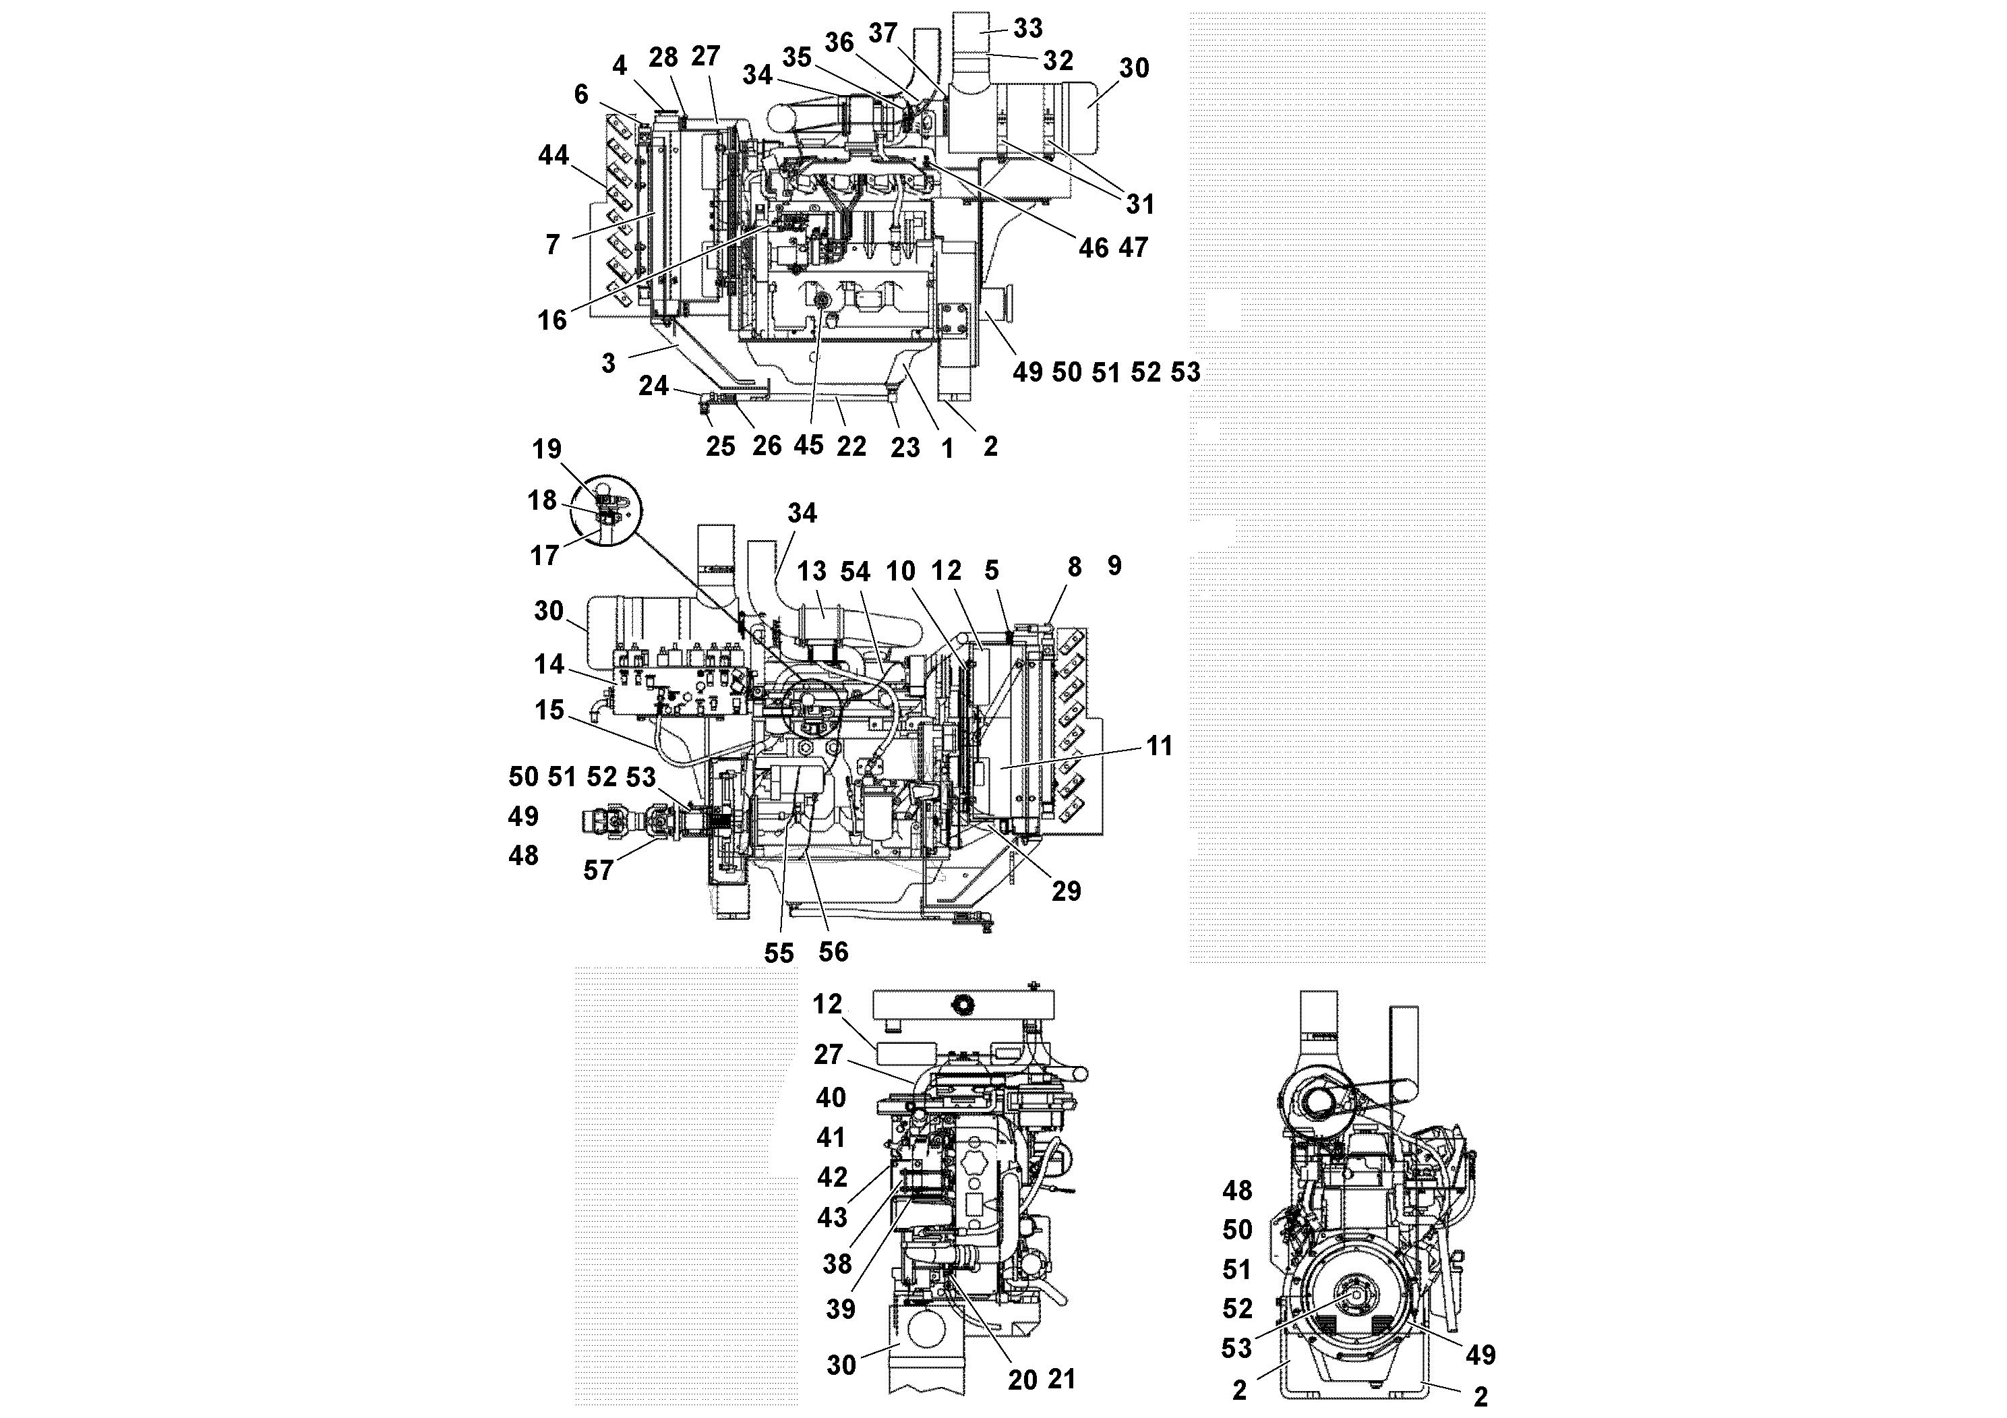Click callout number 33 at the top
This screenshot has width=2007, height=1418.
point(1028,28)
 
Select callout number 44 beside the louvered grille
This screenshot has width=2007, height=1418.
point(553,156)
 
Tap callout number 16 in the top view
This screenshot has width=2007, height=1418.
point(551,320)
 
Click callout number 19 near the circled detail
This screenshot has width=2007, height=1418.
point(547,449)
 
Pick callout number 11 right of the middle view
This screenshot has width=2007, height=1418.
point(1159,746)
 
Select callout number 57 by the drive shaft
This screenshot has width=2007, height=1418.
point(598,870)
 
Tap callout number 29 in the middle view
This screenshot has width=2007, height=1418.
point(1066,891)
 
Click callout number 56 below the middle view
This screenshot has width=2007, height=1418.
point(833,951)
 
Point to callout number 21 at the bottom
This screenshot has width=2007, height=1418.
point(1061,1380)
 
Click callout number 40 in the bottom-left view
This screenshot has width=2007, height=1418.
point(831,1097)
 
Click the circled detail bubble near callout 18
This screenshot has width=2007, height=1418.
point(605,511)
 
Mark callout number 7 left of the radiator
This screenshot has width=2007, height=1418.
point(551,245)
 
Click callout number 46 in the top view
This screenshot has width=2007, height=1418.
point(1093,247)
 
